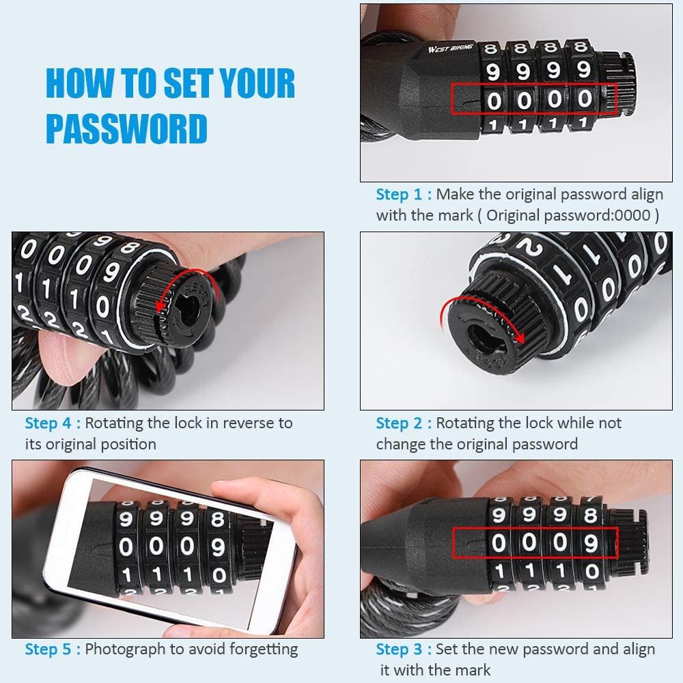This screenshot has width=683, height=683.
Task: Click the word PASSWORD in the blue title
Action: pyautogui.click(x=126, y=128)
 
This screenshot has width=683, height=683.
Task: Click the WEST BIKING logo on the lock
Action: pyautogui.click(x=450, y=48)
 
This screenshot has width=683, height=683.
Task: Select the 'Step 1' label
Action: pyautogui.click(x=399, y=194)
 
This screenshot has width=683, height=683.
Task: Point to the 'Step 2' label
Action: pyautogui.click(x=399, y=423)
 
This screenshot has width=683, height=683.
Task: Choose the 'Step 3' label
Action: pyautogui.click(x=399, y=649)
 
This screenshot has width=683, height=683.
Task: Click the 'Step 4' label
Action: pyautogui.click(x=48, y=423)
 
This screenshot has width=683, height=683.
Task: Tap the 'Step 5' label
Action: pyautogui.click(x=48, y=649)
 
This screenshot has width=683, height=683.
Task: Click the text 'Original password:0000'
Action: pyautogui.click(x=568, y=215)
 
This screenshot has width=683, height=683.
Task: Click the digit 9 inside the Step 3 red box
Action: pyautogui.click(x=591, y=543)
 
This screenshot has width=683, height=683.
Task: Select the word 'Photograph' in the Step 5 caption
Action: pyautogui.click(x=125, y=650)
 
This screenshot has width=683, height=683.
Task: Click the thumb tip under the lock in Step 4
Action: pyautogui.click(x=57, y=361)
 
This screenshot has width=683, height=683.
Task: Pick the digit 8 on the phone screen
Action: pyautogui.click(x=217, y=520)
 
